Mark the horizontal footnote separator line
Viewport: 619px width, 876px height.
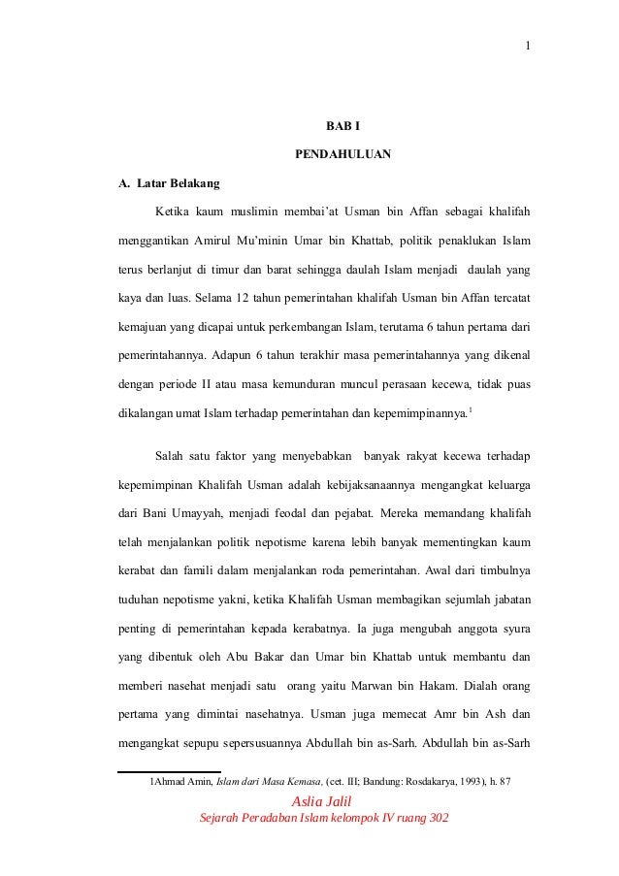pos(171,773)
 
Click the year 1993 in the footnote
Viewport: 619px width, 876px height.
pos(468,782)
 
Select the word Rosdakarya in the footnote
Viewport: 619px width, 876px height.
pos(414,782)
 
